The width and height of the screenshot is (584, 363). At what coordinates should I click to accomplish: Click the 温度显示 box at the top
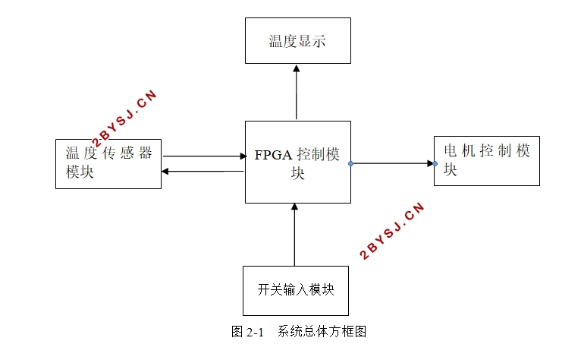[297, 41]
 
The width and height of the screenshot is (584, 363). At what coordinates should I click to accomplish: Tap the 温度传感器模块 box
[108, 163]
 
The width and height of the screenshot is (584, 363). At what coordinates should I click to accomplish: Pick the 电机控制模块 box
[486, 160]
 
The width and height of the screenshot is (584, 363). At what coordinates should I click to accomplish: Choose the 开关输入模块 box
[295, 290]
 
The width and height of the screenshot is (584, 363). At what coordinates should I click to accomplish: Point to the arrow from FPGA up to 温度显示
[297, 93]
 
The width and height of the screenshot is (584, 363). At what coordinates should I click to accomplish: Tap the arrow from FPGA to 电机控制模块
[393, 163]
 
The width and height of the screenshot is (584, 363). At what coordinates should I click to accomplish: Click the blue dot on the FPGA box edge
[351, 163]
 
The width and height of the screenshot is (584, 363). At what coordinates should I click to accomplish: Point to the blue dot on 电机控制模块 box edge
[435, 163]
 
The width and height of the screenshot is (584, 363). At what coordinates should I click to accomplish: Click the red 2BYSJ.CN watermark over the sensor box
[124, 119]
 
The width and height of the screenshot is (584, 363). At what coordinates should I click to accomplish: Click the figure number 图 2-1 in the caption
[246, 332]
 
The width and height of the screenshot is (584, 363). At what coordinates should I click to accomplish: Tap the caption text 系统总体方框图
[322, 332]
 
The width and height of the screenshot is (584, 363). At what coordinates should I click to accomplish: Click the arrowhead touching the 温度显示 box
[297, 68]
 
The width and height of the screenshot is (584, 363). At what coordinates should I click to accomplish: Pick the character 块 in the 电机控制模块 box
[451, 170]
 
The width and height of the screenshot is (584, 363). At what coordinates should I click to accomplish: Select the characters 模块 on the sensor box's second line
[80, 172]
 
